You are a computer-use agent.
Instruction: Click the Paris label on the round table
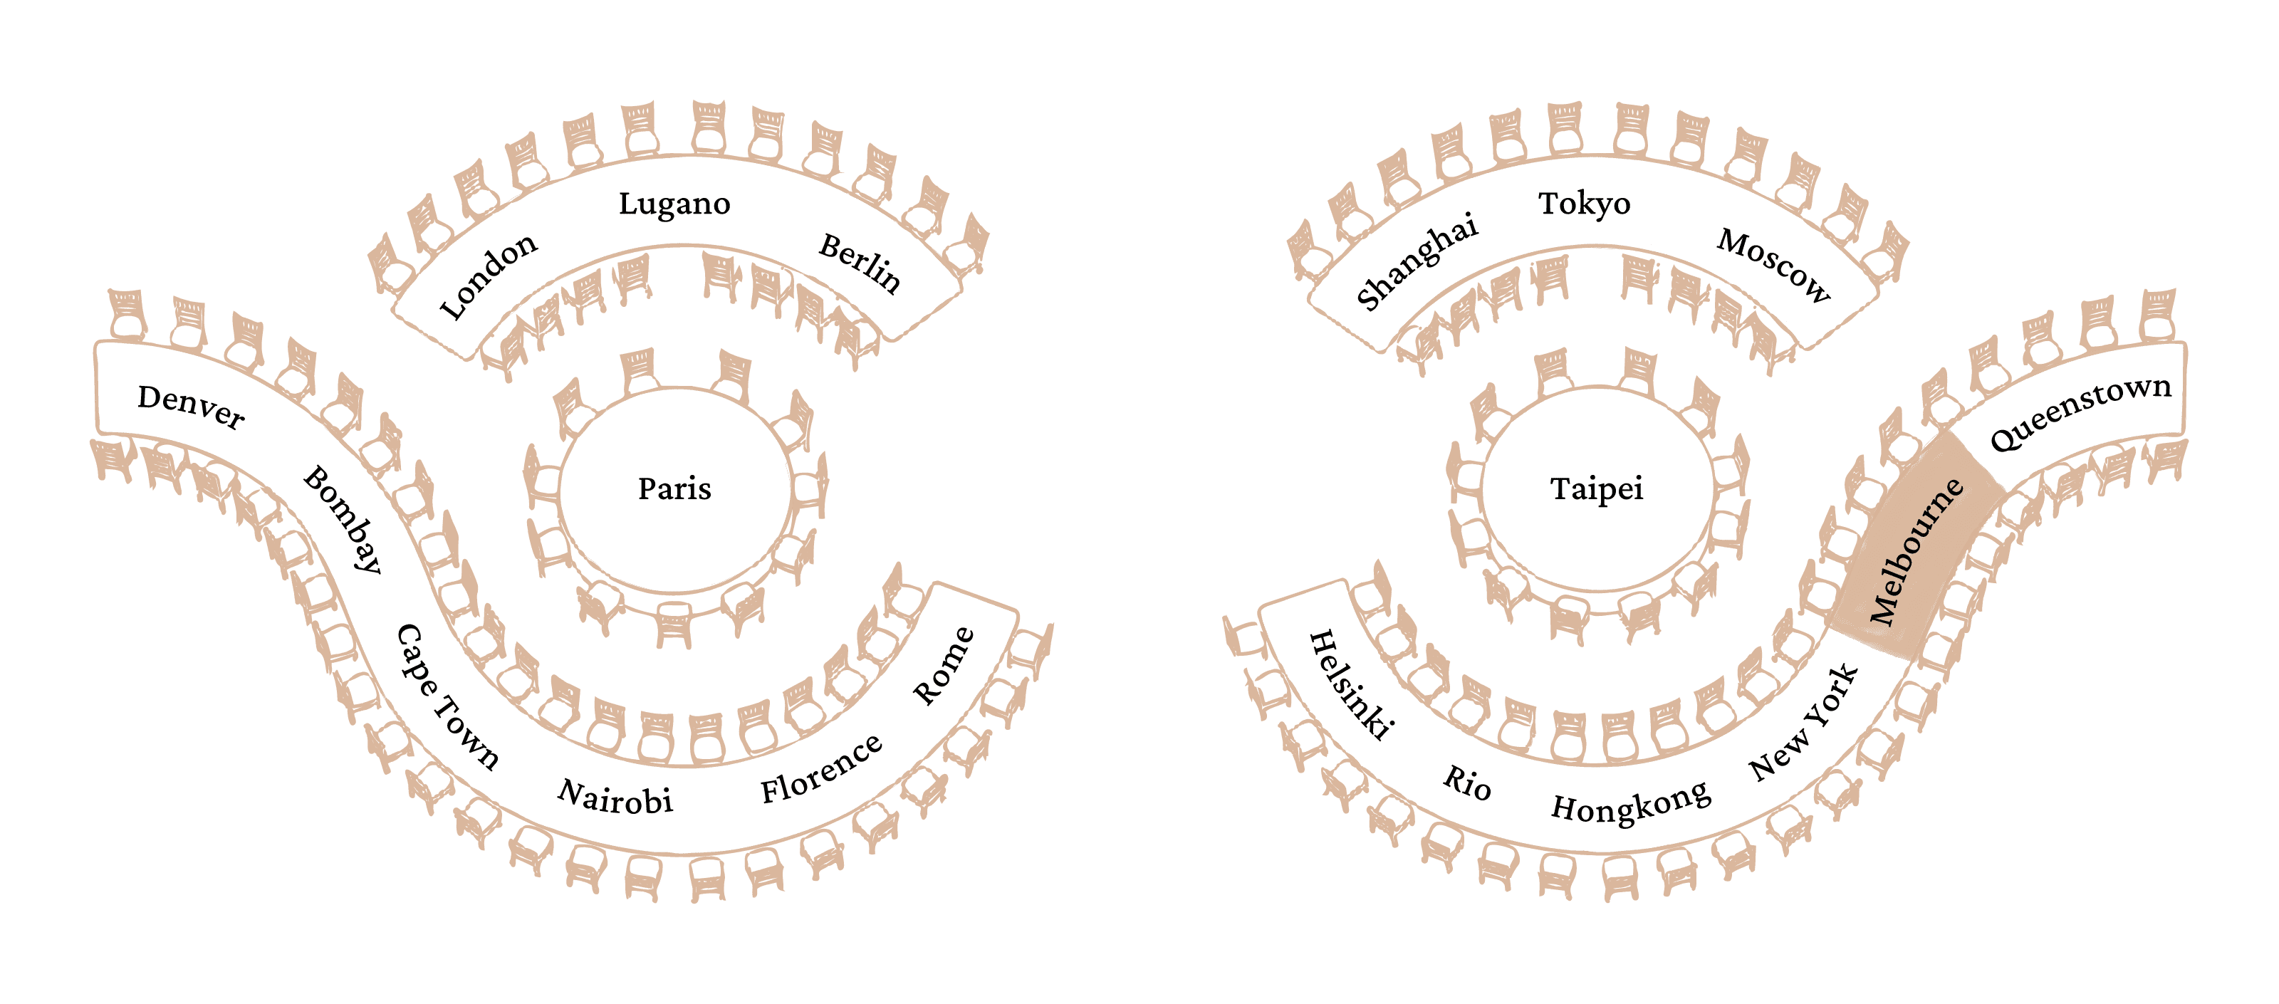(x=674, y=488)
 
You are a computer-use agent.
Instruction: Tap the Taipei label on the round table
(x=1596, y=488)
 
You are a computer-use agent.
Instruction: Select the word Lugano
(x=674, y=204)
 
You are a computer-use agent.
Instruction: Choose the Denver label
(x=191, y=407)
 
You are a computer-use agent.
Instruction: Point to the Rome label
(x=944, y=665)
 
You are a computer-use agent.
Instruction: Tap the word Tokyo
(x=1584, y=204)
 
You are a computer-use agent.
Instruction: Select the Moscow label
(x=1774, y=266)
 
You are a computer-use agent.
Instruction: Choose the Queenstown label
(x=2080, y=412)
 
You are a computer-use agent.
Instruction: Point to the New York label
(x=1805, y=723)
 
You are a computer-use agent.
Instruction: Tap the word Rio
(x=1468, y=782)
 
